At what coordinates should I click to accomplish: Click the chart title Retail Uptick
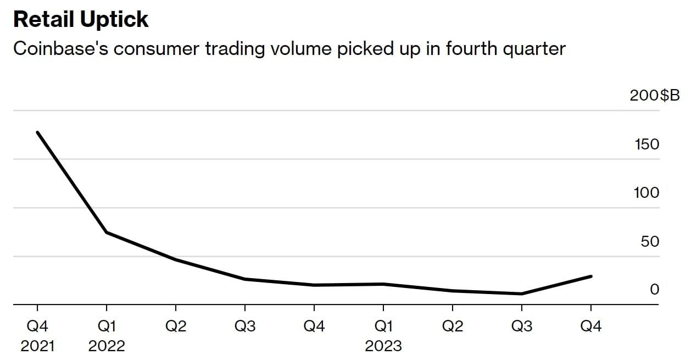point(81,19)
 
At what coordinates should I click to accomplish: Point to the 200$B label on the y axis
point(655,95)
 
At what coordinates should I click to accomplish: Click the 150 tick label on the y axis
point(646,144)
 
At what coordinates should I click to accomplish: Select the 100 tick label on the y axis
point(646,193)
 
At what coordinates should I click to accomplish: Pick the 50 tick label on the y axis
point(650,241)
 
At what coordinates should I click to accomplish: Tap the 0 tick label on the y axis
point(654,289)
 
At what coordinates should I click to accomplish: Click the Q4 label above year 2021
point(37,326)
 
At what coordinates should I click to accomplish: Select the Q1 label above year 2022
point(107,326)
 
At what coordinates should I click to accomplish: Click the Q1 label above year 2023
point(383,326)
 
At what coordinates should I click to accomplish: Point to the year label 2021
point(37,346)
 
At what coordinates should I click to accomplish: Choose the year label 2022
point(107,346)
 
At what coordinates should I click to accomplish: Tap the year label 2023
point(383,346)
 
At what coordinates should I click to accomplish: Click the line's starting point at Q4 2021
point(37,132)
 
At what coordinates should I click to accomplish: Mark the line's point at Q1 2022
point(107,232)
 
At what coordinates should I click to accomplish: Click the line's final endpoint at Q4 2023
point(591,276)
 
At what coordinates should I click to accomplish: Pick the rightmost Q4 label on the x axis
point(591,326)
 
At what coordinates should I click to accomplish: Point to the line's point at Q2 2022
point(176,259)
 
